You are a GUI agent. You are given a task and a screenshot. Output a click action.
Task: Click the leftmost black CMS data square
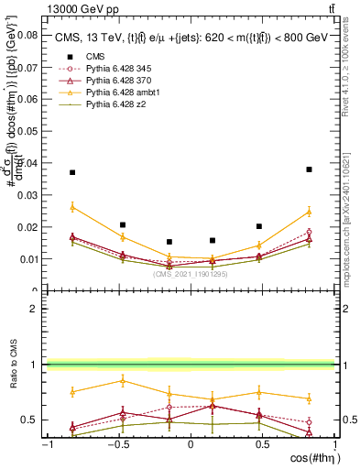72,172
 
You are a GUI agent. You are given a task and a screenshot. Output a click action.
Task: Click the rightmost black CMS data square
310,169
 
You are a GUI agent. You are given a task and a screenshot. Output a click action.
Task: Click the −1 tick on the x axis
47,443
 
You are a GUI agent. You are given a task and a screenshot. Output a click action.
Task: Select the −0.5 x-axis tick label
117,443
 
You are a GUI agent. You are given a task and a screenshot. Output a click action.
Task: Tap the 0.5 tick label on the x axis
262,443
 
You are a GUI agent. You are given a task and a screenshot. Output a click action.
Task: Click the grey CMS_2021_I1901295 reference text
191,274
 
